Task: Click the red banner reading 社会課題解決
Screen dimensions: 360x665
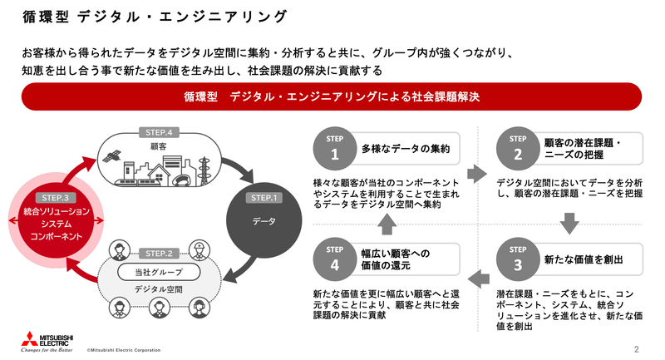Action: click(332, 96)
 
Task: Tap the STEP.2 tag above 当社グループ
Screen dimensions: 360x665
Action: click(157, 253)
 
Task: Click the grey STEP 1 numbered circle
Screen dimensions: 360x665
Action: click(334, 149)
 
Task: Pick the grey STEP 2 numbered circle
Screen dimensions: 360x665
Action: click(516, 149)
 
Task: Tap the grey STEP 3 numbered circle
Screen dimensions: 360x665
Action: click(516, 260)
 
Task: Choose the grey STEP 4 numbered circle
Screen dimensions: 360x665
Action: click(334, 260)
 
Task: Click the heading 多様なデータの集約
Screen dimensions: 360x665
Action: click(406, 150)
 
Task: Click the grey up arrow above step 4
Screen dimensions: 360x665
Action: click(387, 221)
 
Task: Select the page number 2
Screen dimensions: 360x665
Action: click(636, 349)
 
